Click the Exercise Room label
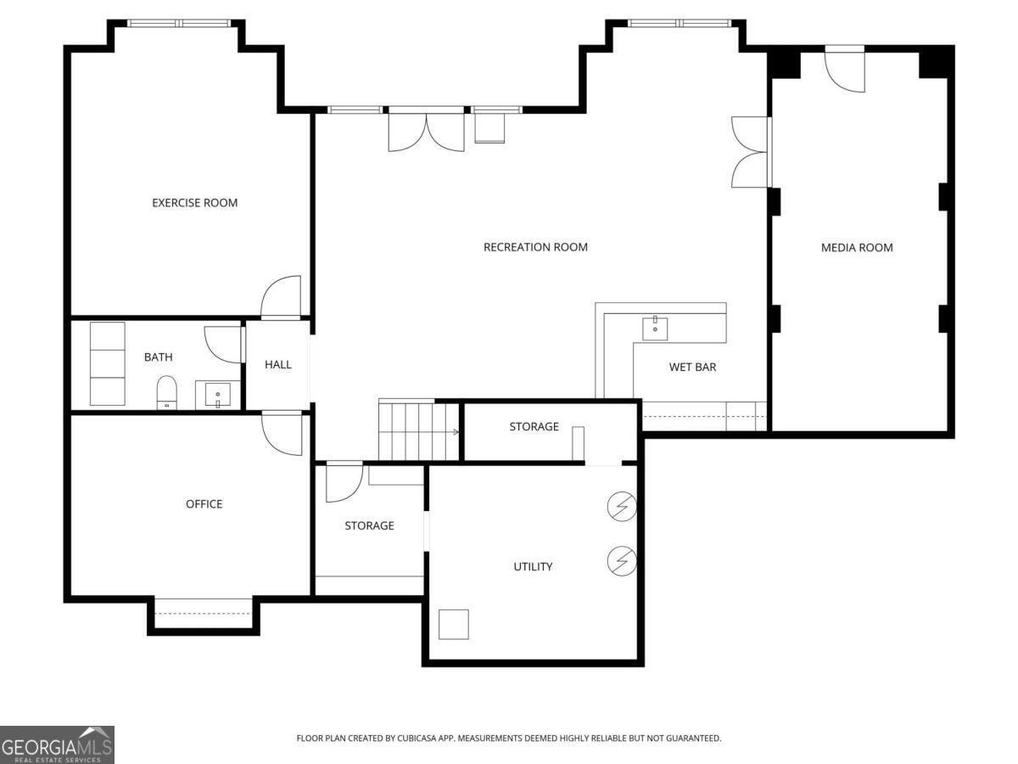pos(194,203)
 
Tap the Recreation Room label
pos(535,247)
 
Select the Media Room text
pos(857,248)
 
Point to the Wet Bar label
pos(692,368)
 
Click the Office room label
pos(204,504)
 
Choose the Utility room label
pos(533,566)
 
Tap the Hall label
pos(277,364)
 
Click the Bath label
pos(158,357)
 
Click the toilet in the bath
pos(166,392)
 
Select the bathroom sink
pos(218,395)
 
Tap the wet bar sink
pos(655,328)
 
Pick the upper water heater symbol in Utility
pos(622,507)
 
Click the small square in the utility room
pos(454,624)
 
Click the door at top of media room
pos(845,70)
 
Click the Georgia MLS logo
pos(57,744)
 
